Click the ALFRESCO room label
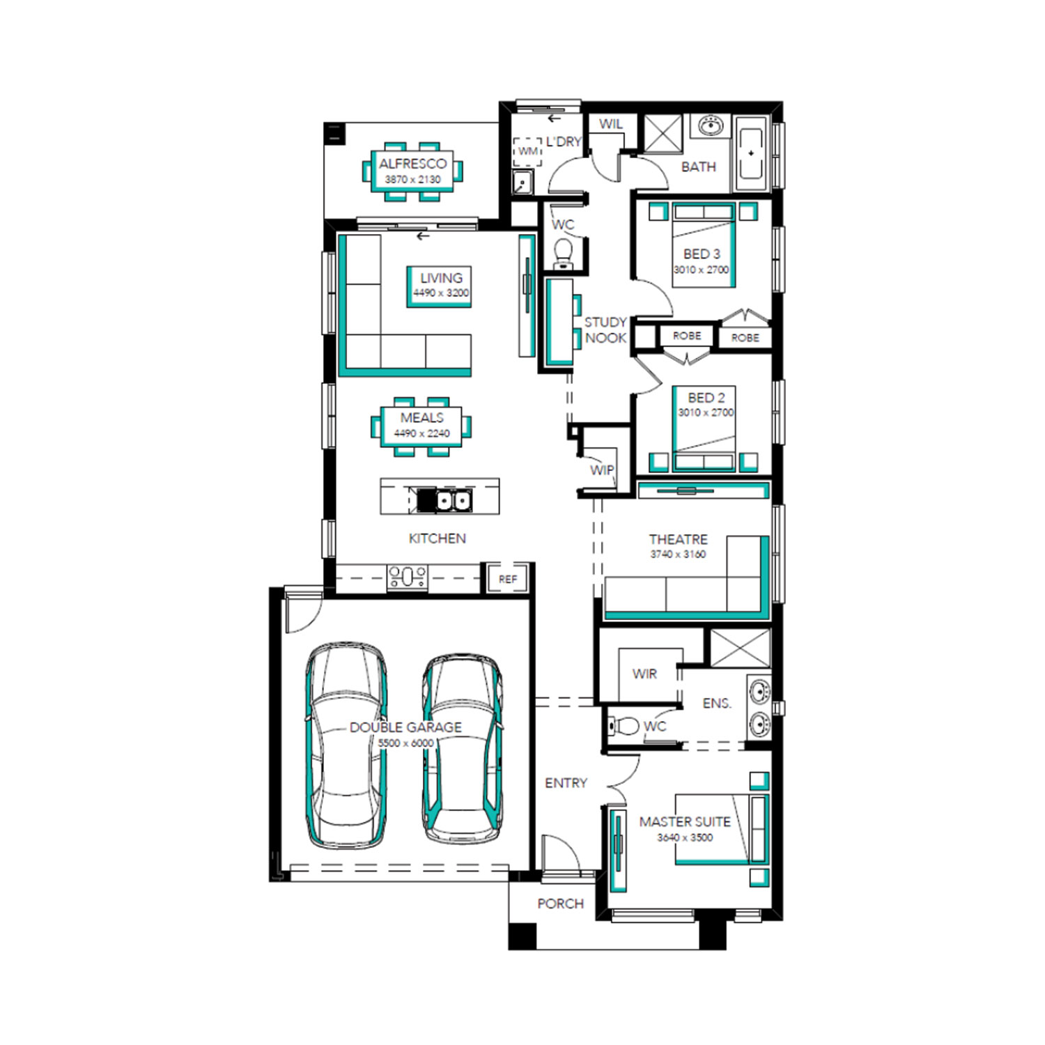tap(412, 164)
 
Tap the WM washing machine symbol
tap(527, 152)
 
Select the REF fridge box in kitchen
tap(508, 579)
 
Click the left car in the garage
tap(346, 745)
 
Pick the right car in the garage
tap(463, 750)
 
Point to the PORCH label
tap(560, 904)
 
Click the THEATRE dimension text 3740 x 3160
tap(678, 555)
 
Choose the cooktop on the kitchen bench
tap(407, 577)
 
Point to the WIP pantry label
tap(602, 470)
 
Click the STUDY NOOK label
tap(605, 330)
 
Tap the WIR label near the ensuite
tap(644, 674)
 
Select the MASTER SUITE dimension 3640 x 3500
tap(685, 837)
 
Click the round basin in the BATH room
tap(711, 126)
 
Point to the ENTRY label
tap(566, 783)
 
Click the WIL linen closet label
tap(611, 124)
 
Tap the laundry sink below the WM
tap(522, 183)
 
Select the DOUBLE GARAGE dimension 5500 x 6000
tap(405, 743)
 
